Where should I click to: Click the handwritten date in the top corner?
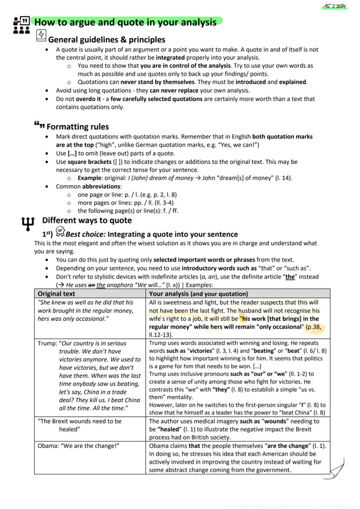coord(336,7)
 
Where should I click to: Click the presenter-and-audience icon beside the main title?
coord(21,25)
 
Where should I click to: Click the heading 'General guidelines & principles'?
coord(107,40)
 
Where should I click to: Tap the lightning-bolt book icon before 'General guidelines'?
coord(41,35)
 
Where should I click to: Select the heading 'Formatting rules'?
coord(77,127)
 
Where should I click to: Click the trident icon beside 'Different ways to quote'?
coord(27,223)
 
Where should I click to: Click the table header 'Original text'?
coord(57,294)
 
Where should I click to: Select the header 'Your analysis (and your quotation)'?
coord(198,294)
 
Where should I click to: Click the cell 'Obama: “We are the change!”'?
coord(78,446)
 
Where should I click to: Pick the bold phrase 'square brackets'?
coord(90,162)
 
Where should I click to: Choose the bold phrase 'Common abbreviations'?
coord(88,186)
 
